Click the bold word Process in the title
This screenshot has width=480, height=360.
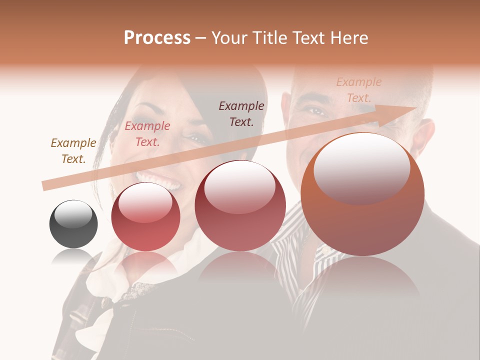[157, 38]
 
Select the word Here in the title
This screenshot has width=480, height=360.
[350, 38]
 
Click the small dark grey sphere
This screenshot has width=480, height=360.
[73, 224]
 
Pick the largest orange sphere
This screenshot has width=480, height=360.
[362, 194]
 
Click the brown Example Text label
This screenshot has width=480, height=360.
[73, 151]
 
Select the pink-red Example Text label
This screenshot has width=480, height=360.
[147, 134]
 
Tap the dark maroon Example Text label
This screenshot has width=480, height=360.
[241, 113]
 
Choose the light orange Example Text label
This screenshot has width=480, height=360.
[359, 90]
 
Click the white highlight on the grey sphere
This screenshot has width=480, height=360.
[73, 214]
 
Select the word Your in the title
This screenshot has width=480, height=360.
[229, 38]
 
